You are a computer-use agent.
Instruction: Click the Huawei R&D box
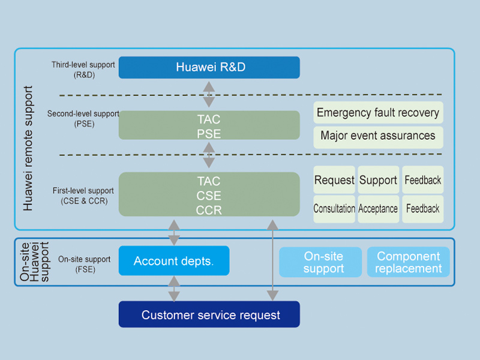tap(209, 67)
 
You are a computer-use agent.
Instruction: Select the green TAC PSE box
tap(209, 125)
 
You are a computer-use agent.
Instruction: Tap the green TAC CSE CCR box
tap(209, 194)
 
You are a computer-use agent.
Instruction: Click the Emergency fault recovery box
tap(378, 112)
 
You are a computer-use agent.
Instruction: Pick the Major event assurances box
tap(378, 136)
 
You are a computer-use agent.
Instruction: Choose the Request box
tap(334, 180)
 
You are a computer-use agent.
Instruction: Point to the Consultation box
tap(334, 209)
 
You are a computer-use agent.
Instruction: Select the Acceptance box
tap(378, 209)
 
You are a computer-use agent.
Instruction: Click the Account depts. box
tap(174, 261)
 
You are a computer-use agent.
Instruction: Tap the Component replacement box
tap(408, 262)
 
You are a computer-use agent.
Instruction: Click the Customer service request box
tap(209, 314)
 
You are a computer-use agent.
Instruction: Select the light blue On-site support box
tap(320, 262)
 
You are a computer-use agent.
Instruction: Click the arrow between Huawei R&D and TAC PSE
tap(209, 94)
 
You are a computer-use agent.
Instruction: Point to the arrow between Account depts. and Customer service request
tap(174, 288)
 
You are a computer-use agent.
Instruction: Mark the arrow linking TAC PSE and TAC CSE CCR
tap(209, 155)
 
